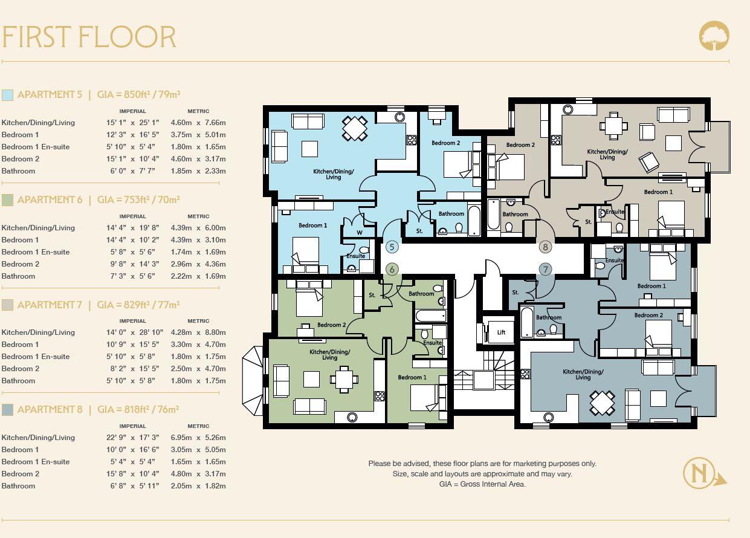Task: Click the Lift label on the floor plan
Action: click(x=501, y=332)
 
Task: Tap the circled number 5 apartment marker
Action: click(x=392, y=247)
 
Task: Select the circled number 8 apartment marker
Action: click(x=546, y=247)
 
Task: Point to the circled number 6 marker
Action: click(x=392, y=270)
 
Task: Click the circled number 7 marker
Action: click(x=546, y=270)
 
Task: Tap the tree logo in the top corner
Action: click(x=714, y=36)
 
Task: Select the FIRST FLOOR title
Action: click(x=89, y=37)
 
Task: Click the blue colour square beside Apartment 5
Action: click(x=7, y=95)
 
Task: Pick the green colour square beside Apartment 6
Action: click(x=7, y=200)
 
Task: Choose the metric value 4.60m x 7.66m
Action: click(x=198, y=123)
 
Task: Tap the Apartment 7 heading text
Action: click(x=50, y=305)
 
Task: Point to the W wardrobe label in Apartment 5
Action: click(x=360, y=233)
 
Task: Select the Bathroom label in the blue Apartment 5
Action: click(x=451, y=213)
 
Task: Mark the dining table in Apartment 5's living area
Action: click(x=355, y=128)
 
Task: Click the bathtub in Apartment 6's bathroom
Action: click(x=430, y=316)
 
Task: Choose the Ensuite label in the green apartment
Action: click(x=432, y=343)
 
